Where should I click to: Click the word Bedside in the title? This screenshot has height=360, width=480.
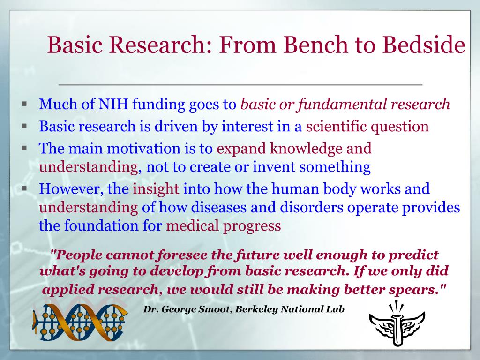point(424,45)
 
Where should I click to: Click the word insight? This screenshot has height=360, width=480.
point(156,189)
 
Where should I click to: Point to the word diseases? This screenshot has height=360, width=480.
point(218,208)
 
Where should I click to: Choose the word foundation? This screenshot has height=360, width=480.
point(101,226)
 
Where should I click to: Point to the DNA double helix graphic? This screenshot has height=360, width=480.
point(80,322)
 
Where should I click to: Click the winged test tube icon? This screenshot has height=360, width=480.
point(397,324)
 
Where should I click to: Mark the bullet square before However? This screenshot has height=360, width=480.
point(24,188)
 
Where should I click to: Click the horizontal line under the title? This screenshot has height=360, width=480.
point(240,84)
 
